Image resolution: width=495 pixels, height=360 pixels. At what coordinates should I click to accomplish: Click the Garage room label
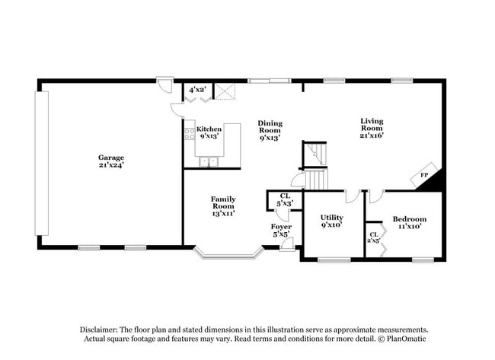110,160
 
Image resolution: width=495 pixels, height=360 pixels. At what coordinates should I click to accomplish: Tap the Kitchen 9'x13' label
209,133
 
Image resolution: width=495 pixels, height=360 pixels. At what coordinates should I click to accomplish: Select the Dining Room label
270,130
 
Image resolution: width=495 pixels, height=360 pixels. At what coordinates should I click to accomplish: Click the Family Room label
223,205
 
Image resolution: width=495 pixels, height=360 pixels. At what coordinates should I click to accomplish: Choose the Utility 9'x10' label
332,221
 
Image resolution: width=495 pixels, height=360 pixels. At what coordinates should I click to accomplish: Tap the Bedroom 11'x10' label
409,223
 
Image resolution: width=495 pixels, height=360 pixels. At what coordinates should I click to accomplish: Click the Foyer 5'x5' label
282,231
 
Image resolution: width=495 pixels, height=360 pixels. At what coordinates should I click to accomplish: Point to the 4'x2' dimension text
196,90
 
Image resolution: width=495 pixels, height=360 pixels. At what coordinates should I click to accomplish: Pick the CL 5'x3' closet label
285,200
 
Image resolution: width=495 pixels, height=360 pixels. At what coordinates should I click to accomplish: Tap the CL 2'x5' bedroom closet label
373,237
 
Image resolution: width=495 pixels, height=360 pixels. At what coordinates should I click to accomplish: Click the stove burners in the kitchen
189,134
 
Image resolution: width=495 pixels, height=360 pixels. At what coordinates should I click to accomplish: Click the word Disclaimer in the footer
102,329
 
